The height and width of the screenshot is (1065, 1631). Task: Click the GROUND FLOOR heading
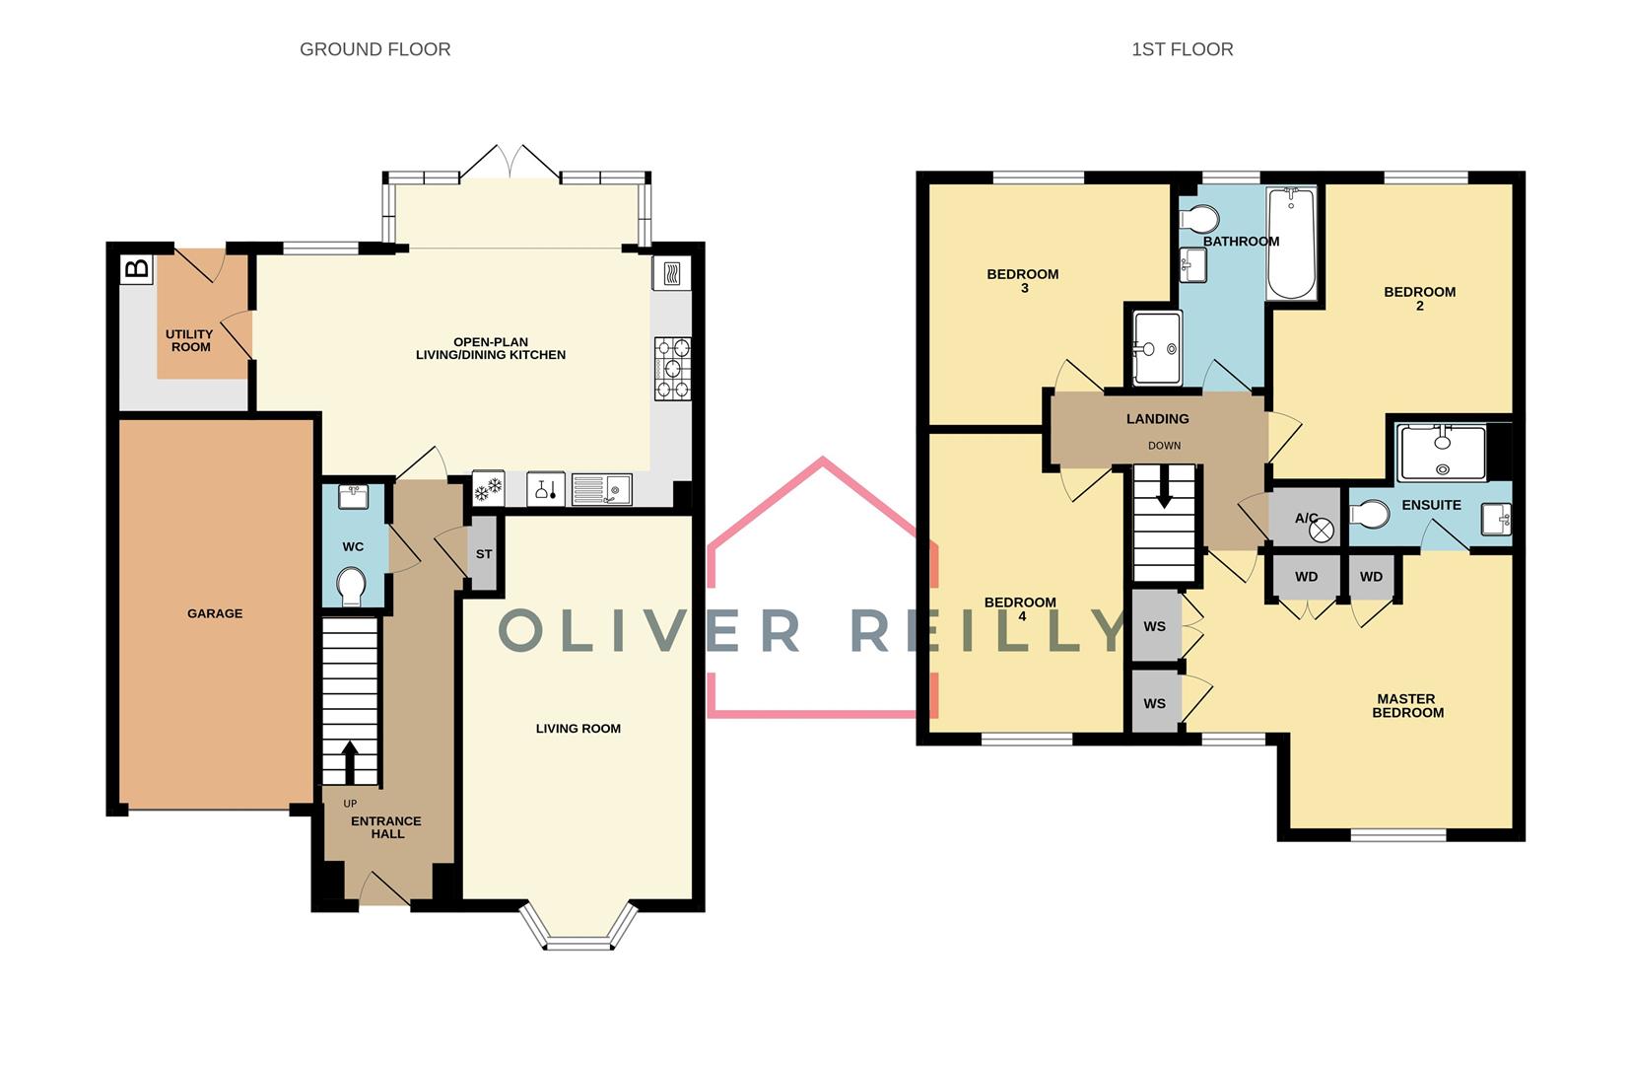(374, 49)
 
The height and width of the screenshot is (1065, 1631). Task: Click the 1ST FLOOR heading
(1182, 49)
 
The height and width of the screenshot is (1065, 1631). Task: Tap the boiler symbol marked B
(137, 268)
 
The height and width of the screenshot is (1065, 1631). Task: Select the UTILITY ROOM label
(190, 341)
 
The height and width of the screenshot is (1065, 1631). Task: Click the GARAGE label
(215, 613)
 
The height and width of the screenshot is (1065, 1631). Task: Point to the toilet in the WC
(352, 587)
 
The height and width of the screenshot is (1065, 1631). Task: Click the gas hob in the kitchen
(672, 368)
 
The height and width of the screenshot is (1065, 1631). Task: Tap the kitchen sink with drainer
(601, 488)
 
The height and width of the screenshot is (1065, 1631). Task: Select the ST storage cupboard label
(484, 554)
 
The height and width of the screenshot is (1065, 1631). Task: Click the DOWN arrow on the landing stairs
(1164, 488)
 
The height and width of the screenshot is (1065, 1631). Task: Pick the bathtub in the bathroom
(1291, 244)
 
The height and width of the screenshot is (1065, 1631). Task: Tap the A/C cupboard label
(1307, 518)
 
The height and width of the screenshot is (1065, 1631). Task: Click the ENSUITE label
(1431, 505)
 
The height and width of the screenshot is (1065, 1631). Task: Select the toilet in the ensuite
(1369, 514)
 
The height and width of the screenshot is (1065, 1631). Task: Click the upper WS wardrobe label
(1155, 626)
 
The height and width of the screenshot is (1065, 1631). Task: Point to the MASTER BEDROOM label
(1407, 705)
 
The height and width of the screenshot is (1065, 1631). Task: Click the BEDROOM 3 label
(1023, 281)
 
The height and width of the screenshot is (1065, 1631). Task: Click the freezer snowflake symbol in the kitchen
(488, 487)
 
